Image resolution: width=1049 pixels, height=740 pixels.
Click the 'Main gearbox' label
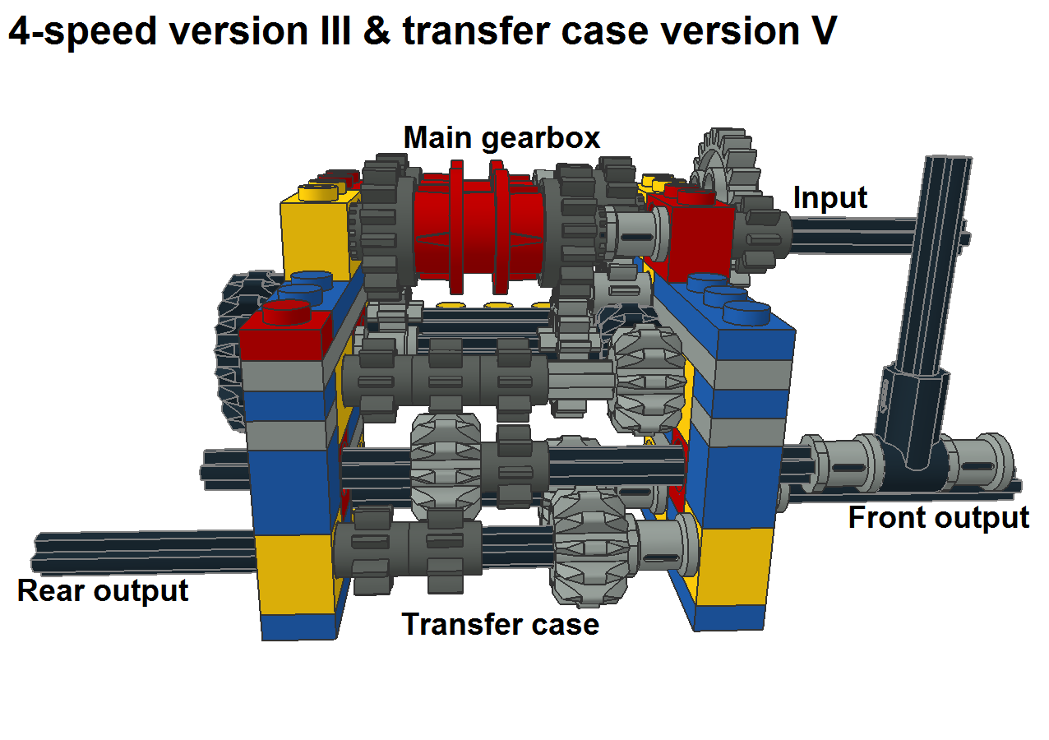(x=501, y=138)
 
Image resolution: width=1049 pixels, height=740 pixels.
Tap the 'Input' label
(x=830, y=198)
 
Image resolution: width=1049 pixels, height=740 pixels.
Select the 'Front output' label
(x=938, y=518)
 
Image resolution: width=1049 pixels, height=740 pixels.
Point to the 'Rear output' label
(x=103, y=590)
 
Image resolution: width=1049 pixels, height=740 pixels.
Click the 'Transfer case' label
(x=500, y=625)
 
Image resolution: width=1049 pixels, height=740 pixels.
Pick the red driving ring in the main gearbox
(x=477, y=226)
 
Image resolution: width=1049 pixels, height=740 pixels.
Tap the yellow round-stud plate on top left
(x=321, y=192)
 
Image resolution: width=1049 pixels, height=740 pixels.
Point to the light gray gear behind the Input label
(x=723, y=164)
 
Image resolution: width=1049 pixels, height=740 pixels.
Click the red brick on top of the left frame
(x=284, y=333)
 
